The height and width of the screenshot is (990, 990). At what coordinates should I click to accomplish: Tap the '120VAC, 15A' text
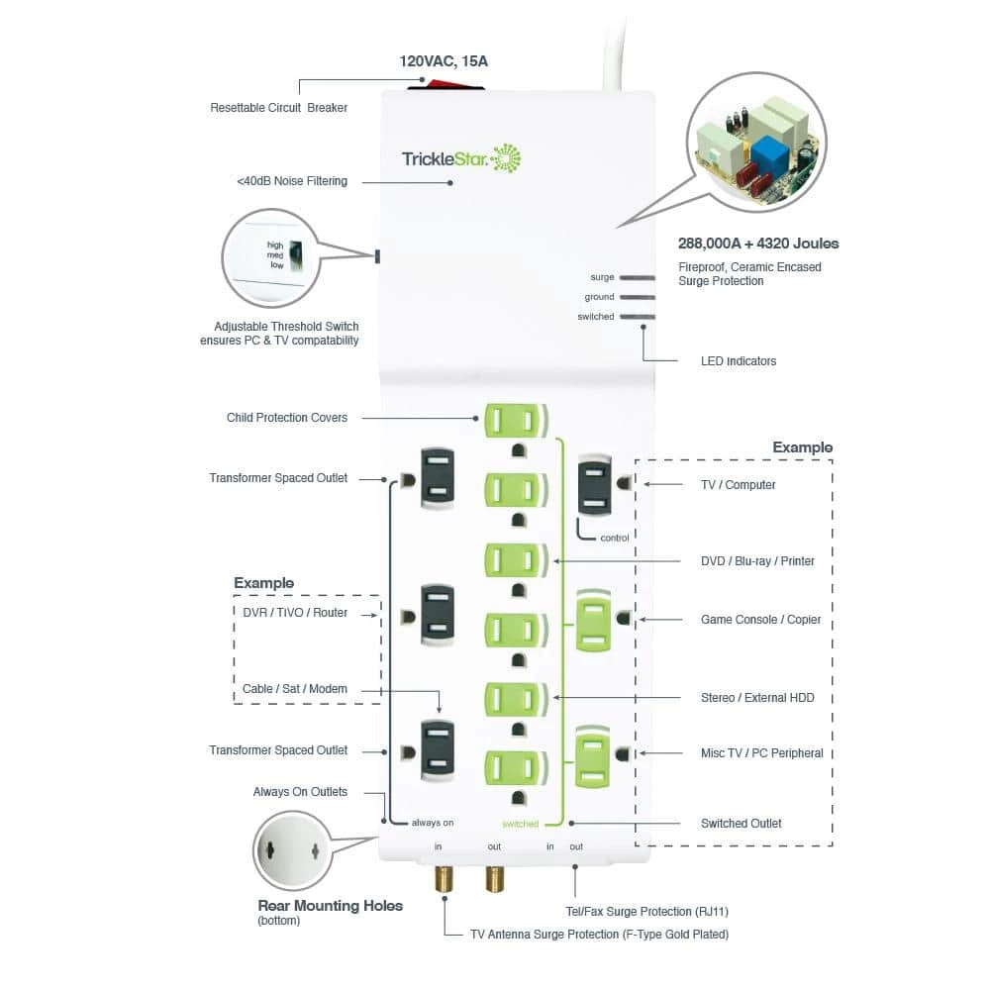444,61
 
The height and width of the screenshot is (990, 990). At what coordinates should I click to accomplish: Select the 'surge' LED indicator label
602,277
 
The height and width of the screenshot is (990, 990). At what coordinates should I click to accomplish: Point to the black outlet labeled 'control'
595,484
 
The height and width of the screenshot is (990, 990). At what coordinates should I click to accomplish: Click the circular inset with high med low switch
269,257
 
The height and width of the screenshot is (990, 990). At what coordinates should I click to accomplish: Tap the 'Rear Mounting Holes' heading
330,905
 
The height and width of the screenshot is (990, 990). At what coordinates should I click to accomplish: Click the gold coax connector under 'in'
443,878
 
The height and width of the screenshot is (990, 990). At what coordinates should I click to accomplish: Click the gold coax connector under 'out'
493,878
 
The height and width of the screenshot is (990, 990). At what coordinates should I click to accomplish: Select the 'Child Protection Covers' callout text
287,418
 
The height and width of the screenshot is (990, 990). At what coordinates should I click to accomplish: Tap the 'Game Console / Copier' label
760,620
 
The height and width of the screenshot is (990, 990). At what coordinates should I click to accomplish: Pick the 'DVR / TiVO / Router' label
295,613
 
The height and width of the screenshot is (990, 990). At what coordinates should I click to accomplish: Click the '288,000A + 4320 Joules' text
758,243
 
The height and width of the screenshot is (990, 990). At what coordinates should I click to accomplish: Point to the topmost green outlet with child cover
515,420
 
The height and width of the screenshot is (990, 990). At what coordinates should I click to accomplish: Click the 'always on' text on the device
433,823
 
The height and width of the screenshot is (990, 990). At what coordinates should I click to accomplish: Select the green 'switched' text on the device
520,824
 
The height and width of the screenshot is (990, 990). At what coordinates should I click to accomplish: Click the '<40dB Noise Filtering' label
292,181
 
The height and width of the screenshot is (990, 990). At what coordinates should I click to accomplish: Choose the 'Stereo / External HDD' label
757,698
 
